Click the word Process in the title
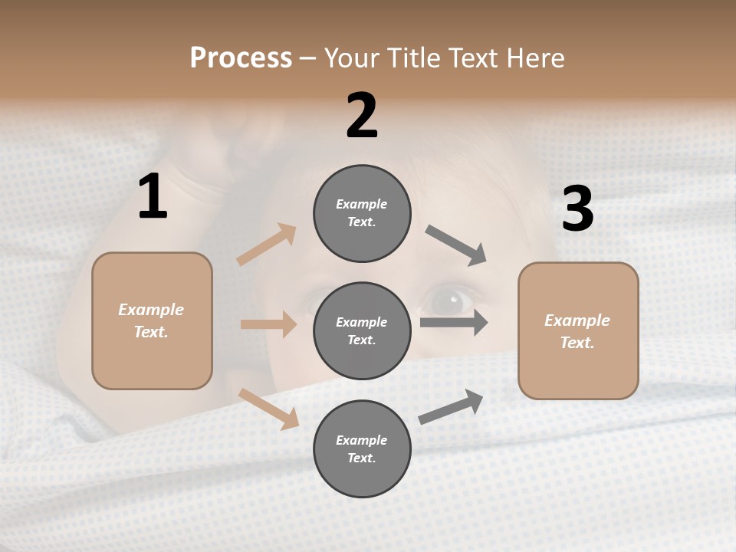tap(241, 58)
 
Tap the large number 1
tap(153, 197)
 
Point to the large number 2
tap(362, 116)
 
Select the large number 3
tap(578, 209)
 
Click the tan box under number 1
tap(152, 320)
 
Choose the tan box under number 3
tap(578, 330)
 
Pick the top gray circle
tap(362, 212)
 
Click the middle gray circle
tap(362, 330)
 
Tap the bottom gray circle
tap(362, 449)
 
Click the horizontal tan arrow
tap(268, 324)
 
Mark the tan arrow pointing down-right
tap(269, 409)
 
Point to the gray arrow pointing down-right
tap(455, 245)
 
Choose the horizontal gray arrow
tap(454, 322)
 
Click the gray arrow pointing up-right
tap(451, 406)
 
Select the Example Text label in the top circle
tap(362, 213)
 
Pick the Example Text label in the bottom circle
tap(362, 449)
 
